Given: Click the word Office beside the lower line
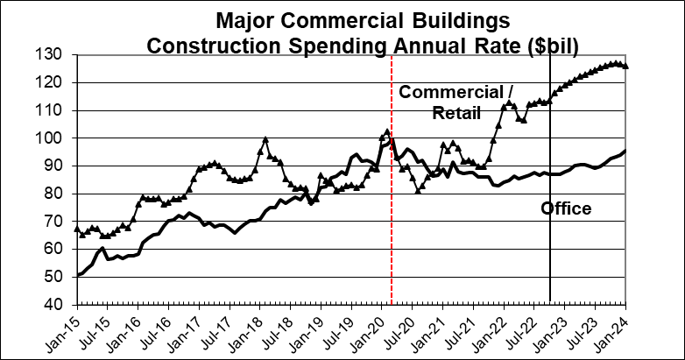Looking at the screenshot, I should click(x=566, y=208).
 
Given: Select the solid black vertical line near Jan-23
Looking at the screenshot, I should click(x=550, y=263).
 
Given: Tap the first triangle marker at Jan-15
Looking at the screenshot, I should click(x=77, y=229).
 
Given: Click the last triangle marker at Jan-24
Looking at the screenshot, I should click(x=625, y=66).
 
